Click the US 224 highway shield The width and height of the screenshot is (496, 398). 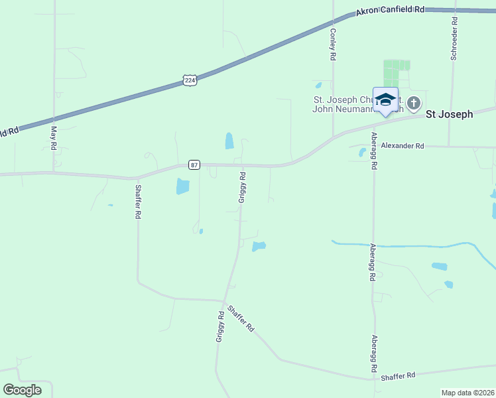click(x=190, y=80)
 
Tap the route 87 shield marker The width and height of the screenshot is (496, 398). click(x=194, y=165)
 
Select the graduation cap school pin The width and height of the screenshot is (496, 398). click(x=385, y=100)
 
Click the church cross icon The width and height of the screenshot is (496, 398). click(x=414, y=103)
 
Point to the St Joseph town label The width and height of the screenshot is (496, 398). click(x=449, y=114)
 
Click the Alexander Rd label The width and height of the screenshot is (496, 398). click(x=402, y=145)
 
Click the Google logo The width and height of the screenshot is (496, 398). click(x=22, y=390)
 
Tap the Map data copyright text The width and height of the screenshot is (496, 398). click(x=467, y=393)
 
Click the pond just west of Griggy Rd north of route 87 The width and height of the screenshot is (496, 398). click(x=229, y=141)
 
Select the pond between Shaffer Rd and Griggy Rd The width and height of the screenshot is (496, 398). click(x=182, y=186)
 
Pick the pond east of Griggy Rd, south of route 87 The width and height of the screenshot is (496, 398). click(x=259, y=247)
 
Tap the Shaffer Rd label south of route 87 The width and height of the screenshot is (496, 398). click(x=138, y=202)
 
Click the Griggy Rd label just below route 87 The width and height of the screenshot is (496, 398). click(x=243, y=187)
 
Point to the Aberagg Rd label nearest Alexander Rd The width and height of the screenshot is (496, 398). click(x=374, y=152)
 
